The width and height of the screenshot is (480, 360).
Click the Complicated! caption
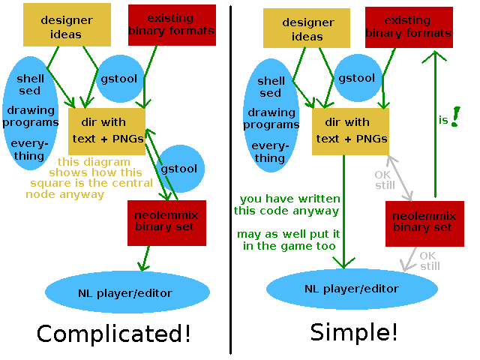click(113, 334)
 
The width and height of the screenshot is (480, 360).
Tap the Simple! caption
click(354, 332)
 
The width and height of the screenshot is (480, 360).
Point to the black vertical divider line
click(230, 180)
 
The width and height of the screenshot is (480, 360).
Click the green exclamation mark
click(455, 117)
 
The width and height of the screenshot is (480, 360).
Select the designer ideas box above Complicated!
click(67, 25)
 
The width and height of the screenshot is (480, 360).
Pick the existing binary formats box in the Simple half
click(409, 28)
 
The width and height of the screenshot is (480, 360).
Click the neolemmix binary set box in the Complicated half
click(166, 223)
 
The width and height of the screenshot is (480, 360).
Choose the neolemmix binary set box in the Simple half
click(424, 223)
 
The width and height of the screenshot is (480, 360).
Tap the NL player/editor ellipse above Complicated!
click(127, 292)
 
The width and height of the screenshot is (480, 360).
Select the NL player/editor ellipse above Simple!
click(352, 289)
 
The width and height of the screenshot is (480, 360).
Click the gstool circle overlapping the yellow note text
click(181, 169)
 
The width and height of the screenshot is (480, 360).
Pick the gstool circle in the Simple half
click(358, 78)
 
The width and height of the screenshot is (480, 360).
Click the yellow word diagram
click(109, 162)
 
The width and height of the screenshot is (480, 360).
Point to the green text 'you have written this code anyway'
click(286, 205)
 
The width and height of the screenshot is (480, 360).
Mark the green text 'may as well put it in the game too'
click(288, 240)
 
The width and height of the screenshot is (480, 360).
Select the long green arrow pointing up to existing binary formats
click(435, 124)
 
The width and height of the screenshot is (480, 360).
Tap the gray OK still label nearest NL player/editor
click(430, 261)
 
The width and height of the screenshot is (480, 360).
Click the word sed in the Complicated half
click(30, 91)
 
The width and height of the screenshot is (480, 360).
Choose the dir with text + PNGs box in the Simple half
click(350, 131)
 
